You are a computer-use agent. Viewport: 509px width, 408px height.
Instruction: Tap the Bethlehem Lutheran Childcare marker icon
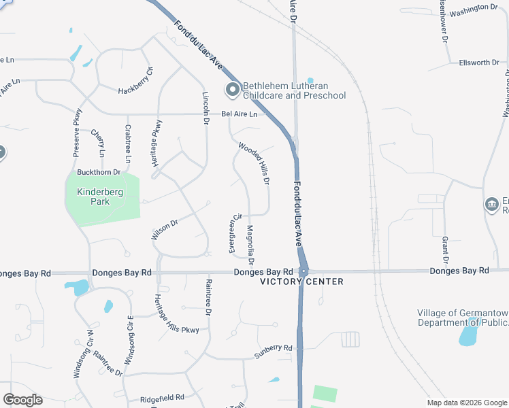coord(232,90)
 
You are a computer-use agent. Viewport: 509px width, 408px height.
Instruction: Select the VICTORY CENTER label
coord(301,282)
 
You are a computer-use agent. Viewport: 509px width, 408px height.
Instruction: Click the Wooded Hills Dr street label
coord(255,163)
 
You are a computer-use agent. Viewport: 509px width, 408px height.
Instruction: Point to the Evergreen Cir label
coord(235,233)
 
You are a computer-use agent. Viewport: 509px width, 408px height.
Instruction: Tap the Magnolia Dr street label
coord(250,245)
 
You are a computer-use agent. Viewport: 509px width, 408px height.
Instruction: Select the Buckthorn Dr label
coord(99,173)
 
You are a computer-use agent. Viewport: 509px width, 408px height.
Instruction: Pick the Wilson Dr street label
coord(165,228)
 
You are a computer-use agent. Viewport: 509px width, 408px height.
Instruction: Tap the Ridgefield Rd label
coord(162,397)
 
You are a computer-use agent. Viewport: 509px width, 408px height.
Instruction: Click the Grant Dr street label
coord(446,250)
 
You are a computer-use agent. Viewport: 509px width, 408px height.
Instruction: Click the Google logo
coord(22,400)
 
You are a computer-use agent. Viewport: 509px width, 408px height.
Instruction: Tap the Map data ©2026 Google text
coord(467,403)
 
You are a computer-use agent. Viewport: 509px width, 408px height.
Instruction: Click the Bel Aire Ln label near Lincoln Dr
coord(240,114)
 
